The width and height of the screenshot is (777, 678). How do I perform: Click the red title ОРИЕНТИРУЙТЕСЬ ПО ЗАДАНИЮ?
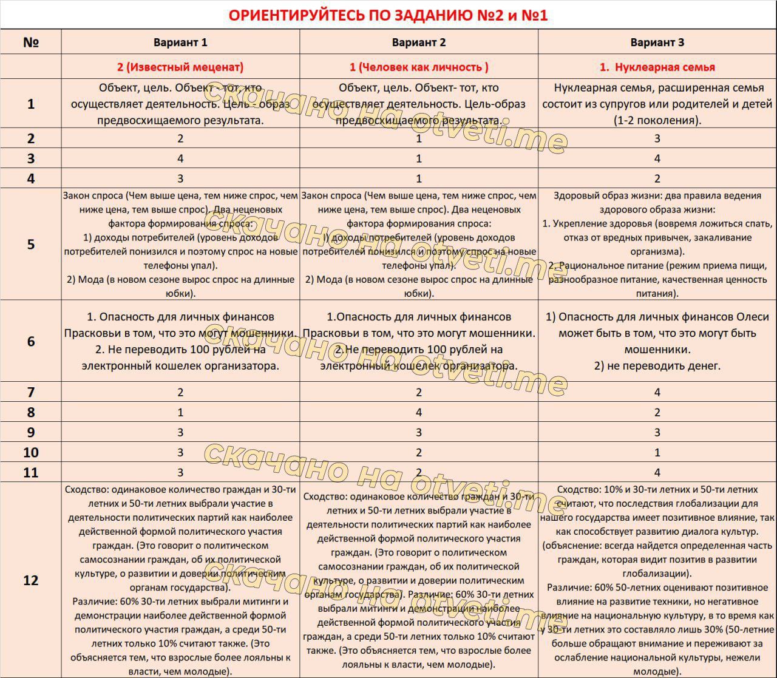click(388, 15)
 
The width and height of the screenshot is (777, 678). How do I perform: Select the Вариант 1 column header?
click(180, 42)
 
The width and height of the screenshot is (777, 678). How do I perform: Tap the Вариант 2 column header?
click(419, 42)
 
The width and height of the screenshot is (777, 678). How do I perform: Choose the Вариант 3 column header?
click(657, 42)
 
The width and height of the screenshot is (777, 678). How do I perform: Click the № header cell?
click(31, 42)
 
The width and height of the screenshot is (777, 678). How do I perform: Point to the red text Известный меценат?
click(180, 67)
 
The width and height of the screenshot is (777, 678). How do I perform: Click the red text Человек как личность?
click(419, 67)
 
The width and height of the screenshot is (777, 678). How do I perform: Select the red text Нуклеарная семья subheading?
click(657, 67)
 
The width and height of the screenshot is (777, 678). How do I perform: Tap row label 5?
click(31, 245)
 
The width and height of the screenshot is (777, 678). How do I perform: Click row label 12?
click(31, 580)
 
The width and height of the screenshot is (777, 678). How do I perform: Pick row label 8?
click(31, 412)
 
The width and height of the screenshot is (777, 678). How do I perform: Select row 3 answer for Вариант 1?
click(180, 158)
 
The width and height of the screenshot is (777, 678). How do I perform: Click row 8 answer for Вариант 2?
click(419, 412)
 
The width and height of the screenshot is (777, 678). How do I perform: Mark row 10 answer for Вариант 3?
click(657, 452)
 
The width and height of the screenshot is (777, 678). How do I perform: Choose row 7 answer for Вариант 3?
click(657, 392)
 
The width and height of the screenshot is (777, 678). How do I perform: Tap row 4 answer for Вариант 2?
click(419, 178)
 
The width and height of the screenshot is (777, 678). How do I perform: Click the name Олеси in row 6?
click(753, 317)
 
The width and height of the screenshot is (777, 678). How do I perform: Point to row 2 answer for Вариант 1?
click(180, 138)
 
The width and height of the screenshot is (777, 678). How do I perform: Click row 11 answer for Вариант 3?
click(657, 472)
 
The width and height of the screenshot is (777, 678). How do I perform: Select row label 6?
click(31, 341)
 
